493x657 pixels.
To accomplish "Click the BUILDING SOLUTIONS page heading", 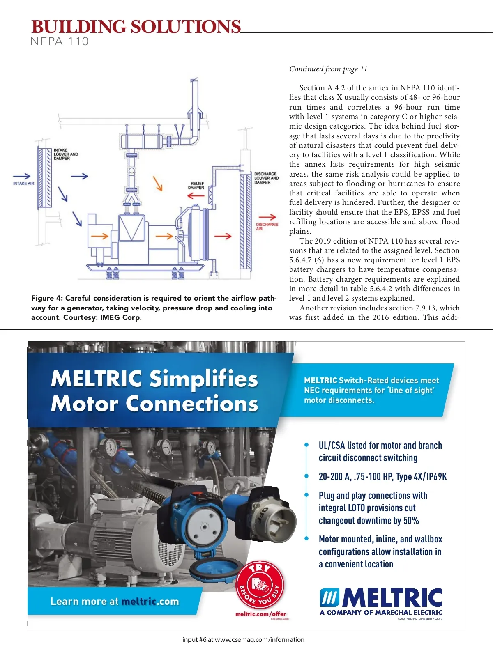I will pos(136,27).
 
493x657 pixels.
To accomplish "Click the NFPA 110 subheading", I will pos(60,41).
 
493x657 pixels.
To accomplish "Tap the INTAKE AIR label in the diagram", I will pos(24,184).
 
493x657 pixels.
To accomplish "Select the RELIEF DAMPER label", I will pos(196,186).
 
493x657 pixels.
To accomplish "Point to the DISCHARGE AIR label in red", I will pos(267,227).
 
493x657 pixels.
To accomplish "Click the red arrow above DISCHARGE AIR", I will pos(267,217).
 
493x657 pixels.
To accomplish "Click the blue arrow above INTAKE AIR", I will pos(22,176).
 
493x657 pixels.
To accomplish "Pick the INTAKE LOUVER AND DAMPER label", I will pos(65,154).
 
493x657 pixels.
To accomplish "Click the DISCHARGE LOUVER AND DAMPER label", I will pos(266,178).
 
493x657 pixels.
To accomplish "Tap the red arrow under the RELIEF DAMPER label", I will pos(196,195).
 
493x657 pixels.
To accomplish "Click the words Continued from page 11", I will pos(328,69).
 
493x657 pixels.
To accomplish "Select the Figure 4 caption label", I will pos(47,298).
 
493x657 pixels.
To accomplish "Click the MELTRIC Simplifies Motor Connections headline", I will pos(154,391).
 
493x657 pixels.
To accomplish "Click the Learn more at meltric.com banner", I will pos(115,602).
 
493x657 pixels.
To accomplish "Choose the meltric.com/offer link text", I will pos(260,614).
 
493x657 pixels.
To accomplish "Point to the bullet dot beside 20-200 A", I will pos(306,476).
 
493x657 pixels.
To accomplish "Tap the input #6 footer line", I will pos(243,640).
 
